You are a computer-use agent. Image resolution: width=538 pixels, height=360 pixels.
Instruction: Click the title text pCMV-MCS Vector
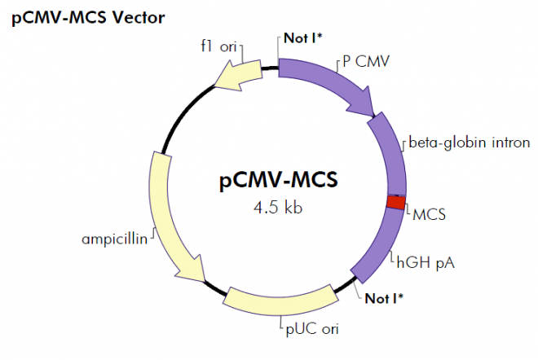coord(88,17)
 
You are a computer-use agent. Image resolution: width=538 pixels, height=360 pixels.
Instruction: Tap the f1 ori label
coord(218,46)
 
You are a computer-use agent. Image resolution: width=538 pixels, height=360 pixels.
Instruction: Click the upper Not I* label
coord(303,37)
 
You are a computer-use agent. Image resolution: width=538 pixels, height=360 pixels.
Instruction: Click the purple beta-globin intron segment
coord(392,155)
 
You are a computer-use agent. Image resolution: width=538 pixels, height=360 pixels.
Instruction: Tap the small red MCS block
coord(395,202)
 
